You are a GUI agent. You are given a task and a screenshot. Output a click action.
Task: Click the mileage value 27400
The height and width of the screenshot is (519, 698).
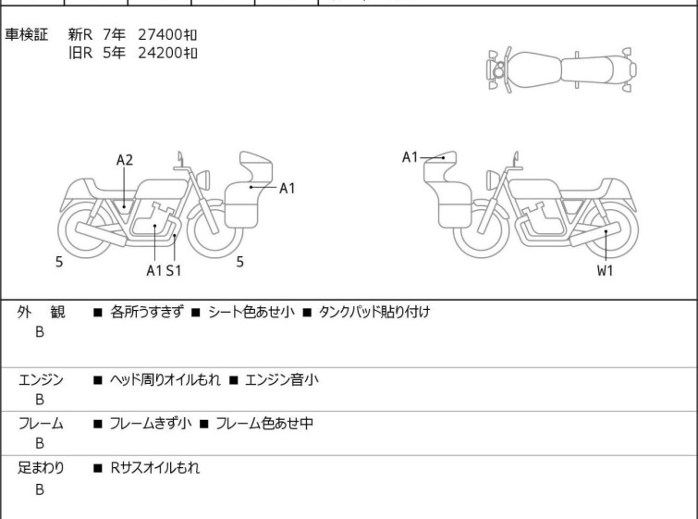pyautogui.click(x=160, y=34)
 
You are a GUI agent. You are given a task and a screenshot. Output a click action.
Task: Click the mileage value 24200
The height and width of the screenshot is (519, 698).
pyautogui.click(x=160, y=53)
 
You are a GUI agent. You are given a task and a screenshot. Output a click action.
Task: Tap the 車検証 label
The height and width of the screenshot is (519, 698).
pyautogui.click(x=26, y=34)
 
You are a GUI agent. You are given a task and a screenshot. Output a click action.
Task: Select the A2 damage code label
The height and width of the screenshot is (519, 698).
pyautogui.click(x=125, y=160)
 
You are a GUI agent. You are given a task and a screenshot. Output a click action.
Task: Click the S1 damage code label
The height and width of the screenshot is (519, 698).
pyautogui.click(x=174, y=270)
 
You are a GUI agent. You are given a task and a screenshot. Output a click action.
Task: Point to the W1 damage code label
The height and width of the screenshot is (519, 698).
pyautogui.click(x=605, y=270)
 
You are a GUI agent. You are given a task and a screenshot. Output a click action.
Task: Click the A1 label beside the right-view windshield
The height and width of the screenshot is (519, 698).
pyautogui.click(x=410, y=157)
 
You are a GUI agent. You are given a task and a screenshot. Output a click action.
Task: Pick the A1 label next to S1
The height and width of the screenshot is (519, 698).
pyautogui.click(x=154, y=270)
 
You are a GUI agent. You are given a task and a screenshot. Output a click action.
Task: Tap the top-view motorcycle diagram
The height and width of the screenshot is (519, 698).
pyautogui.click(x=561, y=69)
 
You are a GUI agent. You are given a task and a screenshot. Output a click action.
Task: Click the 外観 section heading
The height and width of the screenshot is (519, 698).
pyautogui.click(x=41, y=312)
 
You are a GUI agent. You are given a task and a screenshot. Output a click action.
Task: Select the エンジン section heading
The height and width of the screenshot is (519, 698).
pyautogui.click(x=41, y=379)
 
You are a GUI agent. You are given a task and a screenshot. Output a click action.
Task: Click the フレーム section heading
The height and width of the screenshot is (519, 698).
pyautogui.click(x=41, y=423)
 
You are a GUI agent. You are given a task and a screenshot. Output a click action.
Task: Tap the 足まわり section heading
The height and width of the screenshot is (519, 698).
pyautogui.click(x=41, y=468)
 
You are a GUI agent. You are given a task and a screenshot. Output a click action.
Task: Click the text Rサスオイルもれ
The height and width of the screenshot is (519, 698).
pyautogui.click(x=155, y=468)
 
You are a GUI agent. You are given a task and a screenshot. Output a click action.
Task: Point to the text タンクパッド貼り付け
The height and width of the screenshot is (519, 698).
pyautogui.click(x=374, y=312)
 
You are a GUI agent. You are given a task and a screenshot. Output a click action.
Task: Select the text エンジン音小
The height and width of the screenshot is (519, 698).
pyautogui.click(x=282, y=379)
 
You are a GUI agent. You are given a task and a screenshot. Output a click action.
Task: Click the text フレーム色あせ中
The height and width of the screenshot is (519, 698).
pyautogui.click(x=264, y=423)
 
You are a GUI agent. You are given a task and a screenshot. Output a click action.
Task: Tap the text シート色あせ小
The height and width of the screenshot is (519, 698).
pyautogui.click(x=251, y=312)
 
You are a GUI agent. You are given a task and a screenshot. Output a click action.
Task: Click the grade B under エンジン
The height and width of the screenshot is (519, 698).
pyautogui.click(x=40, y=400)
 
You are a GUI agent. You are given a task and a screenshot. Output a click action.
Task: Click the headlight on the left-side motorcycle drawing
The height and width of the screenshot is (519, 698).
pyautogui.click(x=203, y=179)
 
